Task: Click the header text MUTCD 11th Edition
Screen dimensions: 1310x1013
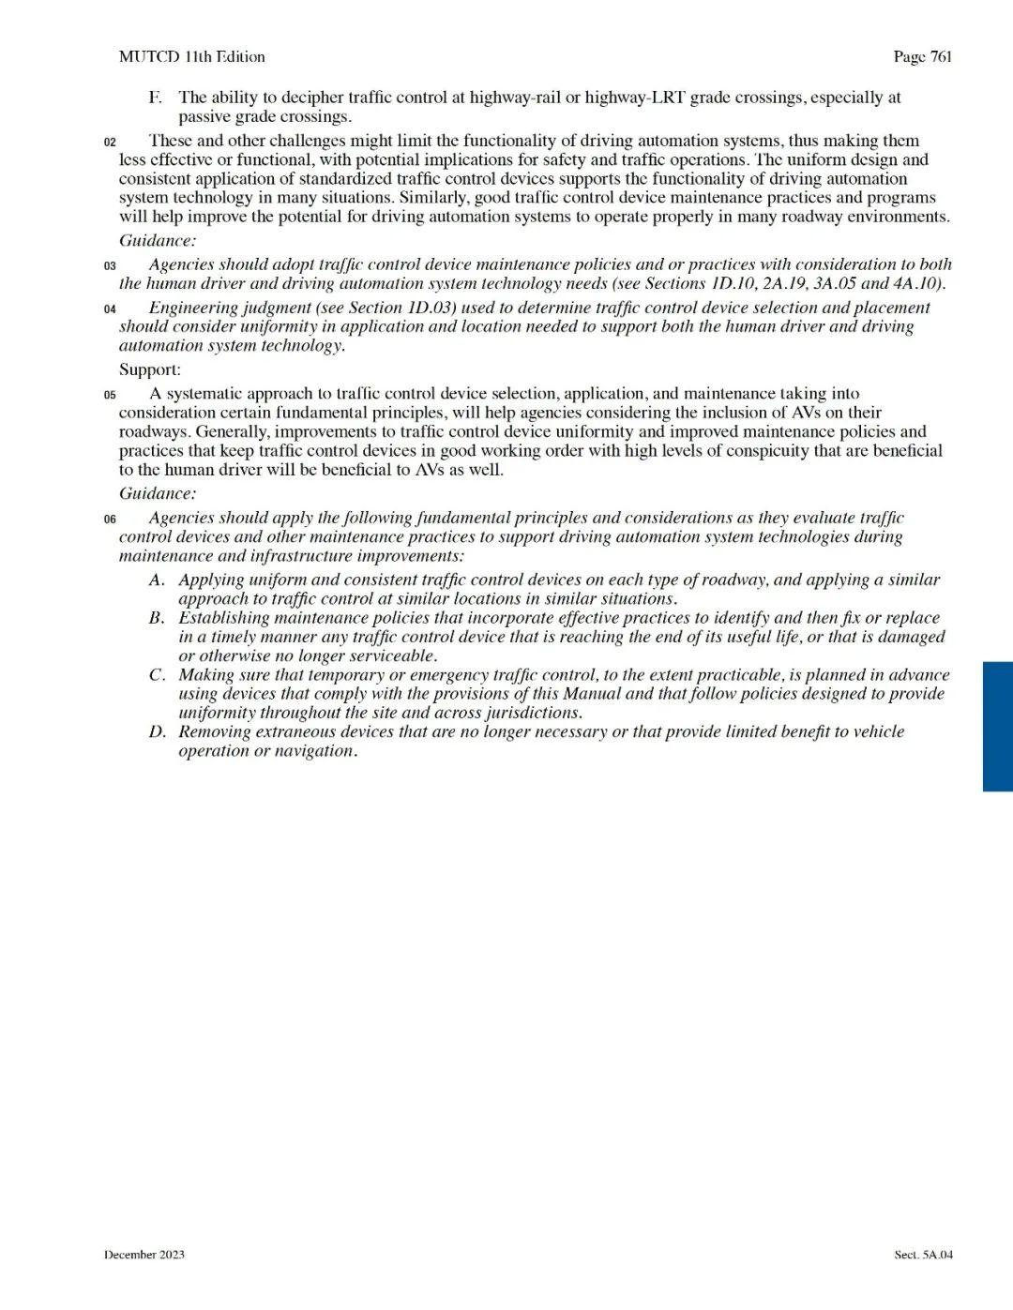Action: click(191, 57)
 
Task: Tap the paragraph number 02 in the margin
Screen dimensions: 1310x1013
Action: click(110, 143)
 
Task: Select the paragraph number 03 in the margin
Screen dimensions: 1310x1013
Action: click(110, 266)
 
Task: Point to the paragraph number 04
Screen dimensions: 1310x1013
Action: click(110, 309)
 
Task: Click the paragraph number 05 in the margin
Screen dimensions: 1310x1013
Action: click(110, 396)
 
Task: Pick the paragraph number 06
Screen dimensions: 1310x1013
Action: click(110, 519)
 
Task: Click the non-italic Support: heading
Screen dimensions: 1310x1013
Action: click(150, 369)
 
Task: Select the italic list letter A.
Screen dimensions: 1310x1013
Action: click(157, 580)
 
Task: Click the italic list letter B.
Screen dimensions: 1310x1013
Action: click(157, 618)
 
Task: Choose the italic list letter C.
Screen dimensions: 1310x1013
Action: click(157, 675)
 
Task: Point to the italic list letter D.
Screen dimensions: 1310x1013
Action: click(157, 731)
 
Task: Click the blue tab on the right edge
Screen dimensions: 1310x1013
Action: click(997, 726)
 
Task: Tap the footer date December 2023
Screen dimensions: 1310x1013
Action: click(144, 1255)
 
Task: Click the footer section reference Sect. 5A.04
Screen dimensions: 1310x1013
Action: click(923, 1255)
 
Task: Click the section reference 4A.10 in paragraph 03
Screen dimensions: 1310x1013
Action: click(915, 283)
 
